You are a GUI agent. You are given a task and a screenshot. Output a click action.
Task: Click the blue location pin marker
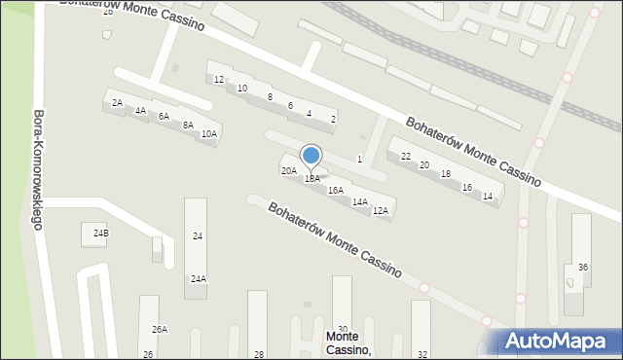click(x=311, y=157)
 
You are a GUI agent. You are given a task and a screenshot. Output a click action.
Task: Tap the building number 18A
click(x=311, y=179)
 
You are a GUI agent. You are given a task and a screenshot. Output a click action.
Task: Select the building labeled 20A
click(x=289, y=170)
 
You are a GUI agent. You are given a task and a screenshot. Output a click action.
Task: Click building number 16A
click(x=335, y=191)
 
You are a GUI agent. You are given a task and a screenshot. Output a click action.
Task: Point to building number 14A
click(x=359, y=201)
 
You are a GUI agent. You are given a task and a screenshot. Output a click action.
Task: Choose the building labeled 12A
click(x=381, y=210)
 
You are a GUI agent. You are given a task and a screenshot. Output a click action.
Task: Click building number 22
click(x=406, y=156)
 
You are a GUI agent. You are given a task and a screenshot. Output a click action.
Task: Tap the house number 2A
click(x=117, y=102)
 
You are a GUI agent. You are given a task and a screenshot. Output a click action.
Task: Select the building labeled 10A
click(x=208, y=133)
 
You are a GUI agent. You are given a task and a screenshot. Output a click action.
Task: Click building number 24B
click(x=101, y=234)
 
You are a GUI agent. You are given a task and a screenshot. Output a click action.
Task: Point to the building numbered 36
click(x=583, y=267)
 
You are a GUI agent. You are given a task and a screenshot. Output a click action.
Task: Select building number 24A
click(x=198, y=279)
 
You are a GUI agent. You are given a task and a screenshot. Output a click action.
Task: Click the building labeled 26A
click(x=159, y=330)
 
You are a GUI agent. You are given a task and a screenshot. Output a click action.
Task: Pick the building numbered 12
click(x=219, y=79)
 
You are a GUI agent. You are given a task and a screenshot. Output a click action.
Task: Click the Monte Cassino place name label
click(x=347, y=342)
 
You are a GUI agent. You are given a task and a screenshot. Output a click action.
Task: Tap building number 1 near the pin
click(x=359, y=159)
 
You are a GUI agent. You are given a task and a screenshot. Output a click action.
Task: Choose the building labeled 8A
click(x=188, y=125)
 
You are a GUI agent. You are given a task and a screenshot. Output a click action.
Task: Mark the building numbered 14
click(x=488, y=197)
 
